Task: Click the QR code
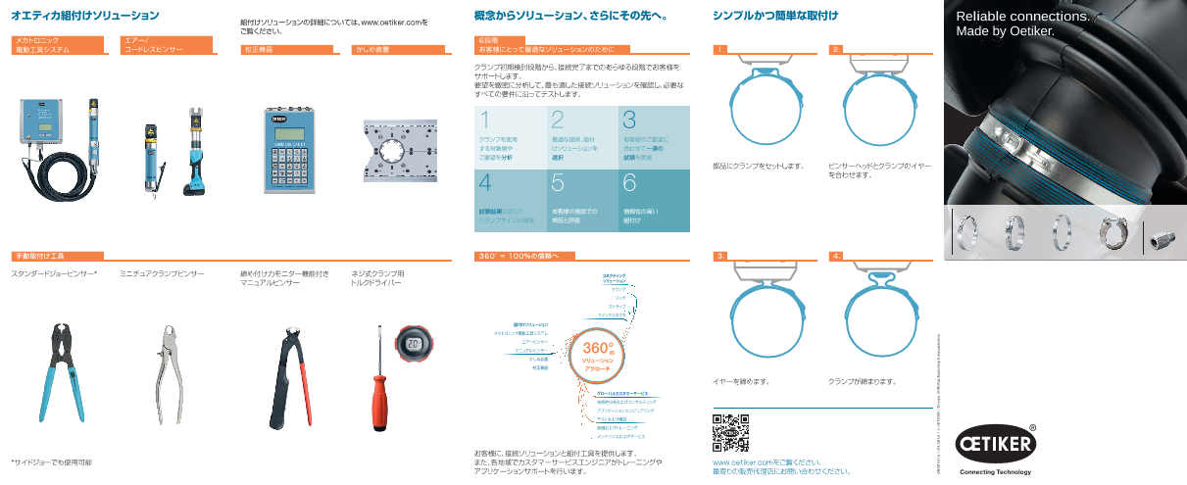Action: click(730, 432)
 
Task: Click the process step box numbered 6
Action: click(654, 200)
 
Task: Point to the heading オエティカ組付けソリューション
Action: click(84, 16)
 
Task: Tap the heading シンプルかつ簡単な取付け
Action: click(776, 16)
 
